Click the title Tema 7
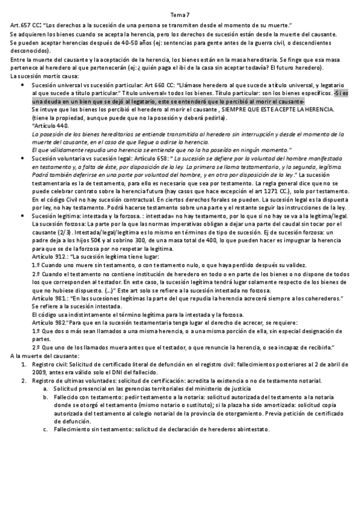[180, 14]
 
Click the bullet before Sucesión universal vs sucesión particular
[22, 85]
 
